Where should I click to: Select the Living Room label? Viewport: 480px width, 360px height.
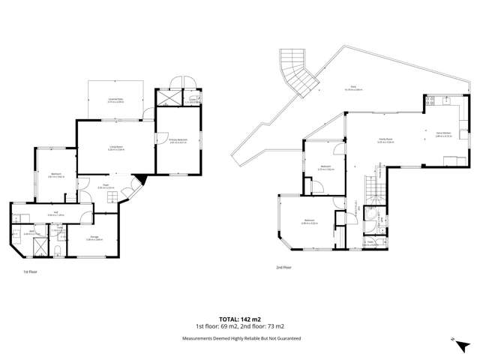click(116, 148)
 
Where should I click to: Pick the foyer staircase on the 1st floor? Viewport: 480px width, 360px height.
click(110, 197)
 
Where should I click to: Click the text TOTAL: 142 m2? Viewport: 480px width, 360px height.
click(241, 319)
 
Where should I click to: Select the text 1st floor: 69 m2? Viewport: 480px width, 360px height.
click(216, 326)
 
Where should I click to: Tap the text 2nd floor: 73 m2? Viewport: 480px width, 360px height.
click(265, 326)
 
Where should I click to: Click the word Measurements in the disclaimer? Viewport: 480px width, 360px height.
click(198, 338)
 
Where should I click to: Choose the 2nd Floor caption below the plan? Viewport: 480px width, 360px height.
click(283, 267)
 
